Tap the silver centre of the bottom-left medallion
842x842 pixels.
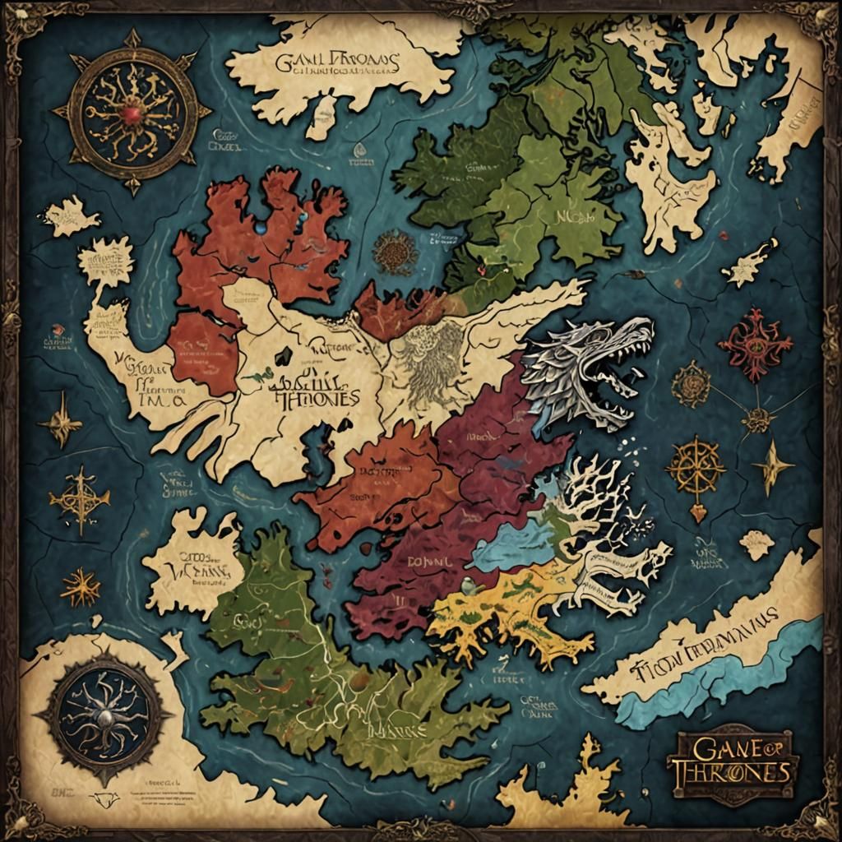point(104,717)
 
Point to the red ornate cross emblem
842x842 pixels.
point(755,345)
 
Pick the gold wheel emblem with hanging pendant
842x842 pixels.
point(696,470)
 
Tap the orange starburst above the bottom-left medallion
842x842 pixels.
point(80,587)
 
